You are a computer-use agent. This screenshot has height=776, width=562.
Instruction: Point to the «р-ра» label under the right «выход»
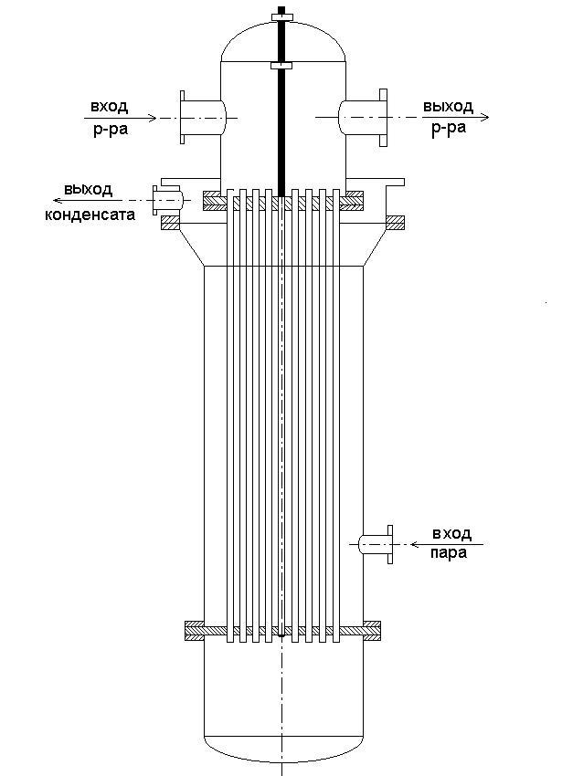pyautogui.click(x=448, y=128)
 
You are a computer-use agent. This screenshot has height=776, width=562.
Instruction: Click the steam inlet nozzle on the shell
pyautogui.click(x=375, y=543)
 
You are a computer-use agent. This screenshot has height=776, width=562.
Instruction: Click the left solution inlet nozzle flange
pyautogui.click(x=183, y=117)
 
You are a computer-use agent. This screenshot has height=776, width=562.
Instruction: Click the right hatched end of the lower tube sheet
pyautogui.click(x=372, y=630)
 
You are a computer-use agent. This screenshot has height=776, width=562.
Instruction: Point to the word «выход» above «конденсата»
pyautogui.click(x=88, y=190)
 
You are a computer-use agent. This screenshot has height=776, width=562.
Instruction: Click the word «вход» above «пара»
pyautogui.click(x=449, y=533)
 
